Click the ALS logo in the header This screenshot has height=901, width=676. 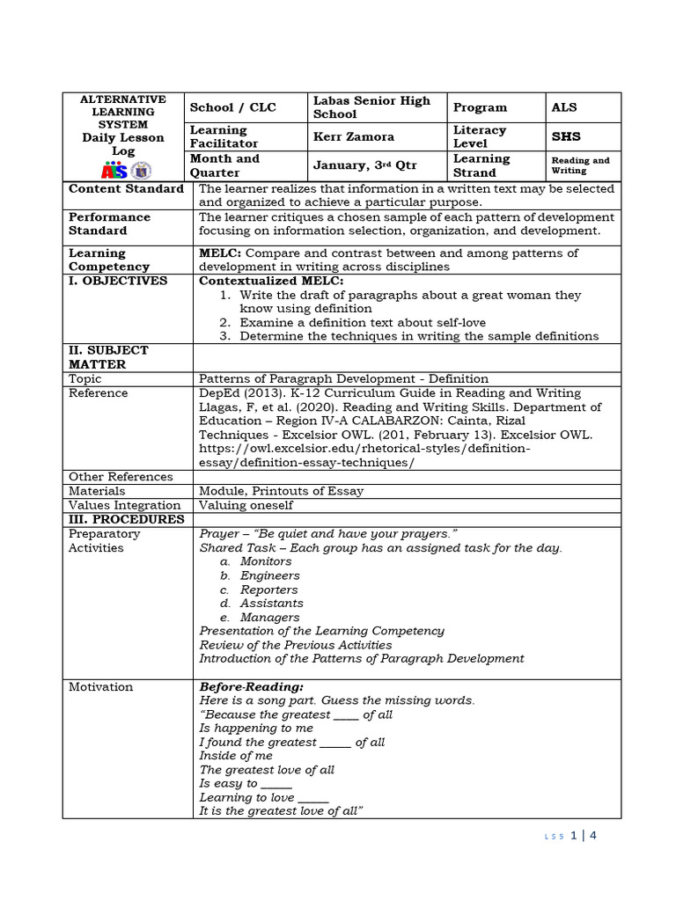coord(115,170)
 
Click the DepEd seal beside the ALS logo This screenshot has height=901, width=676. coord(141,170)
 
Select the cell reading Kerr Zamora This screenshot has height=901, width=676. coord(353,136)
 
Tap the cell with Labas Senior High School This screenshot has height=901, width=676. coord(371,107)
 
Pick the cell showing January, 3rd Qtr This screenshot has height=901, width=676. coord(365,165)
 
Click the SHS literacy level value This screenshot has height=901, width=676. coord(566,136)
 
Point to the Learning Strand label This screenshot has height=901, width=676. coord(481,165)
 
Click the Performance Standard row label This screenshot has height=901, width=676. coord(110,223)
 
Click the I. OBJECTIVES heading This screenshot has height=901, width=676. coord(118,281)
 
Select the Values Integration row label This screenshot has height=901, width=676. coord(124,505)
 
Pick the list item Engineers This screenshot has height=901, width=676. coord(269,575)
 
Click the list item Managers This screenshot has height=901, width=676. coord(269,618)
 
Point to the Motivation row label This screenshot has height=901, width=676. coord(101,686)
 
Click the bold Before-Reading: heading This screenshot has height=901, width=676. coord(252,686)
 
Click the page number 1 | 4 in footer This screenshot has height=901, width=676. coord(584,836)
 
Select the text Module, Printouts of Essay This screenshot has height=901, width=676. coord(281,491)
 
